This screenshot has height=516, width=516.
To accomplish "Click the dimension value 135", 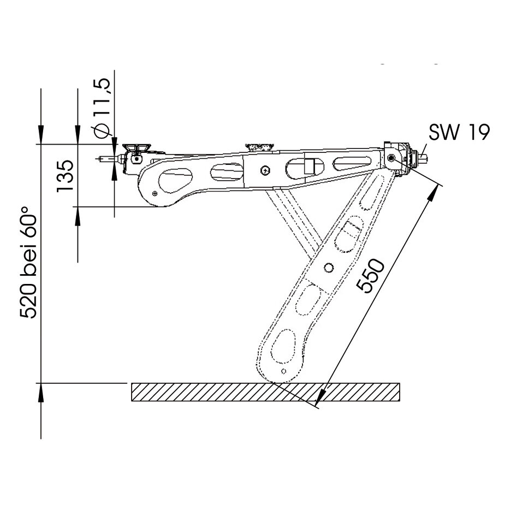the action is (x=64, y=176).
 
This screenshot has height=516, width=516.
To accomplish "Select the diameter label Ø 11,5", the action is (x=102, y=108).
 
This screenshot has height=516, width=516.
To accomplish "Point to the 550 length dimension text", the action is (x=371, y=275).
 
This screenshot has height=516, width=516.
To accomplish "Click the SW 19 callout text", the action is (x=459, y=132).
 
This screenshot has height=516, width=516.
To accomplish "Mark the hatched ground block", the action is (x=265, y=392).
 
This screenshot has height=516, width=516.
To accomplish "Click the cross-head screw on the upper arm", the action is (x=265, y=170).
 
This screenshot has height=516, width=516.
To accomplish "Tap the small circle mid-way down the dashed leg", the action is (x=328, y=268).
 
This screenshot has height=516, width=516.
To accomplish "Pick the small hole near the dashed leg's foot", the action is (x=284, y=371).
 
